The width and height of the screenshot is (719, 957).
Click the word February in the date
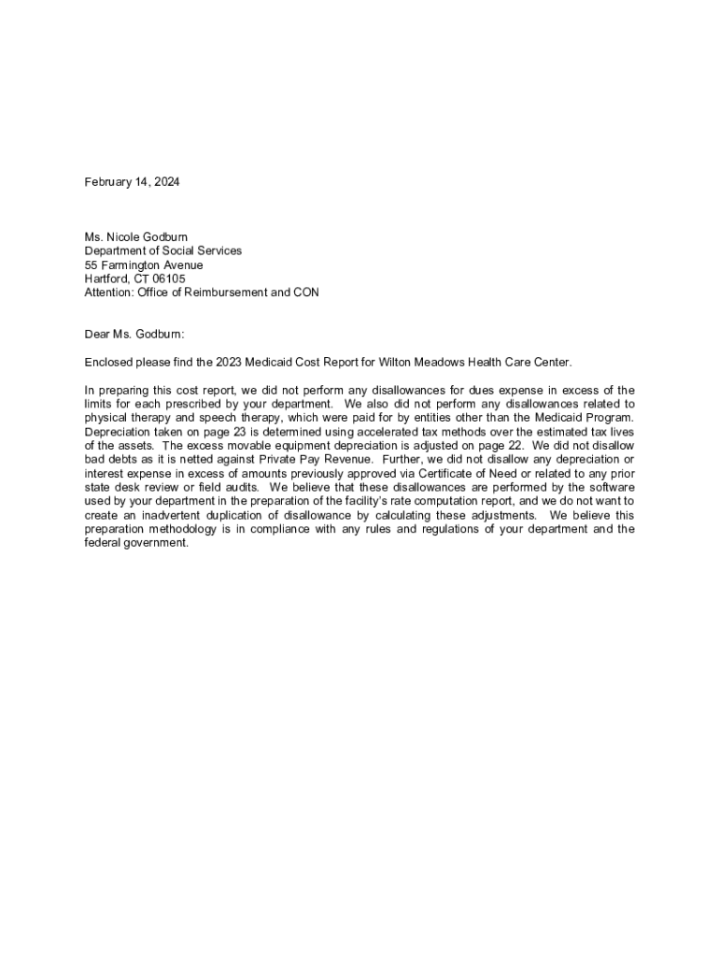[107, 182]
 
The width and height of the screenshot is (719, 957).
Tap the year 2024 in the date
[165, 182]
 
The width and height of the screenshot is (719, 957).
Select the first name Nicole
[128, 237]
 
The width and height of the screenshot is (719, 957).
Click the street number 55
[92, 265]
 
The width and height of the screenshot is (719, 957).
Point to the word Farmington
[131, 265]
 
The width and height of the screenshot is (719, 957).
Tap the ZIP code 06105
[169, 279]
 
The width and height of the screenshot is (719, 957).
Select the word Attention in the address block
[109, 293]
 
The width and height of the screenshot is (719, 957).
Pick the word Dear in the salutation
[98, 334]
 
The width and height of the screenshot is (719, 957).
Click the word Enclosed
[109, 362]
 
